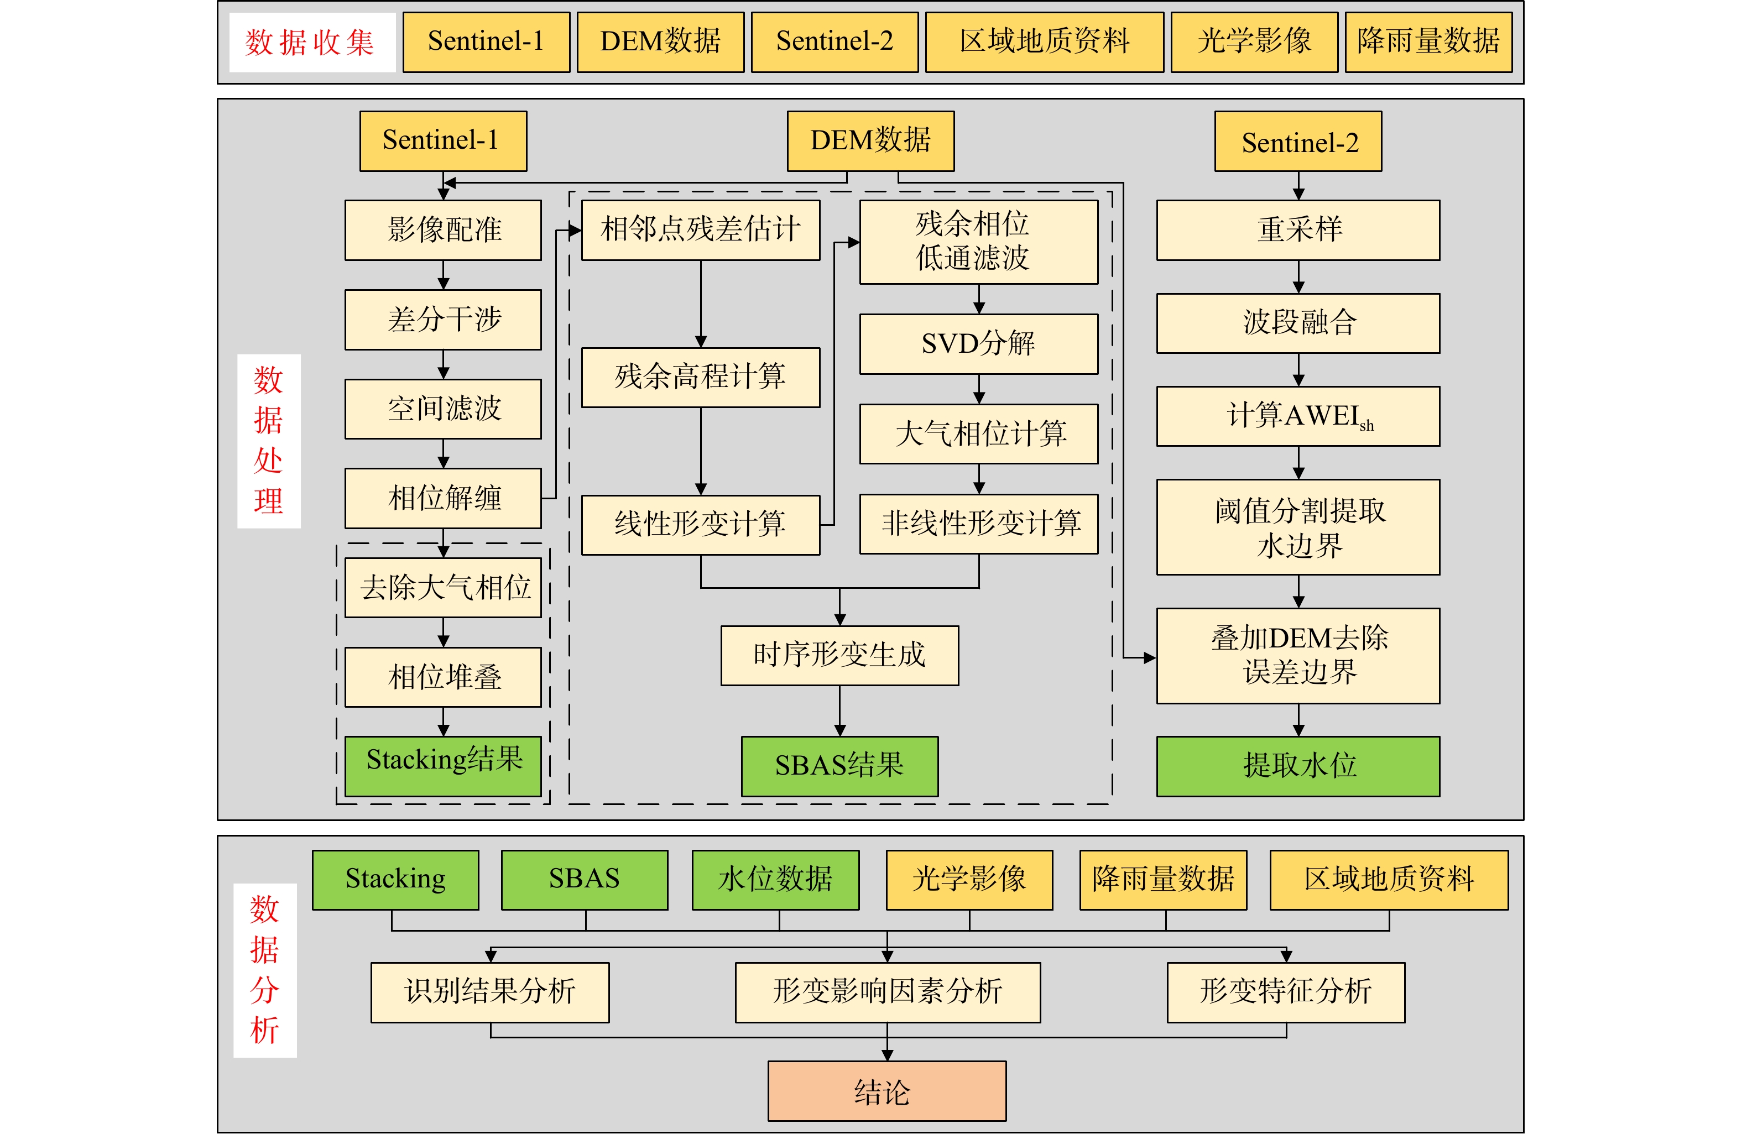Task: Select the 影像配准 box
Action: coord(444,229)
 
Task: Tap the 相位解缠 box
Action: coord(444,498)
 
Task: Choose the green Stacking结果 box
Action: coord(444,766)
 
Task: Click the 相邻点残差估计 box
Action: coord(701,229)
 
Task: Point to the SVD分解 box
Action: coord(979,344)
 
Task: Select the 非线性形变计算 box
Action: coord(979,524)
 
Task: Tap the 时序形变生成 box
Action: coord(839,656)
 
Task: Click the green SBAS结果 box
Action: coord(839,766)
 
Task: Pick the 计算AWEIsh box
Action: coord(1298,416)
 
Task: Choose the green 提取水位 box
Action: coord(1298,766)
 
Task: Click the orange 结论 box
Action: coord(887,1091)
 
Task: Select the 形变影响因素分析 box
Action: coord(888,992)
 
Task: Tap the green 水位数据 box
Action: coord(776,880)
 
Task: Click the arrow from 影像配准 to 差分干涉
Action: coord(444,275)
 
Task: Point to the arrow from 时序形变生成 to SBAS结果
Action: coord(839,711)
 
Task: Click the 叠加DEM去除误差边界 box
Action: coord(1298,656)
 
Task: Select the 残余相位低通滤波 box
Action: coord(979,242)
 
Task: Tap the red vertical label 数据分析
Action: coord(265,970)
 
